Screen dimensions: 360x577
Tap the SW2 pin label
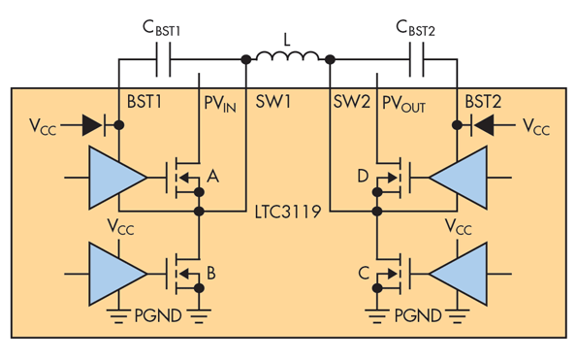(x=351, y=102)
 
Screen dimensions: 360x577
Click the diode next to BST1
(x=94, y=125)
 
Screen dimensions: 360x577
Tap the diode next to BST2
(x=483, y=125)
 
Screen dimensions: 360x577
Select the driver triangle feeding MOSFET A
(x=115, y=179)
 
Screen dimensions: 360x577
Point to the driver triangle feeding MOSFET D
(x=461, y=179)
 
